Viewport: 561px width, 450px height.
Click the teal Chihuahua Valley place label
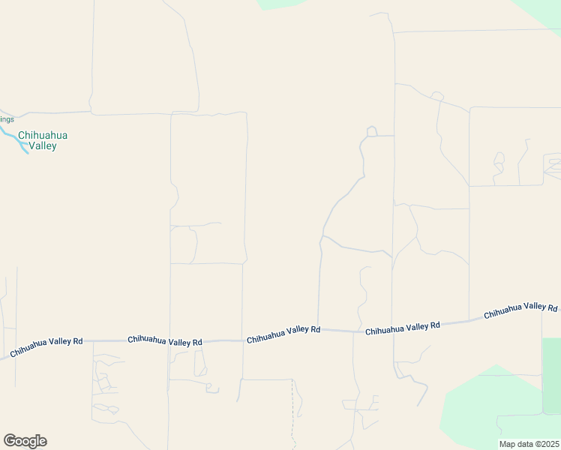coord(43,140)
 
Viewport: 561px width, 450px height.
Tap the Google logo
coord(25,441)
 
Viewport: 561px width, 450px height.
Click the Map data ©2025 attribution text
coord(529,444)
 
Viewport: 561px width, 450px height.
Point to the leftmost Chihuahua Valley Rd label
coord(46,346)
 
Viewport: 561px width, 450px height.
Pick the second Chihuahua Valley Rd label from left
coord(165,340)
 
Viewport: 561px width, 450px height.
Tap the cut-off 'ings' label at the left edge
coord(7,119)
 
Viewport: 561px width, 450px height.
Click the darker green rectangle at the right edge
coord(551,375)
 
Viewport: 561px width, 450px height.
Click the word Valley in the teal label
coord(43,146)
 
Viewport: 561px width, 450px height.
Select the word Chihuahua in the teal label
coord(43,135)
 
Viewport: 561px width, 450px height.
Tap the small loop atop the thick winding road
coord(370,132)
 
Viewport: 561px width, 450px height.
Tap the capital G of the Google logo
coord(10,441)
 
